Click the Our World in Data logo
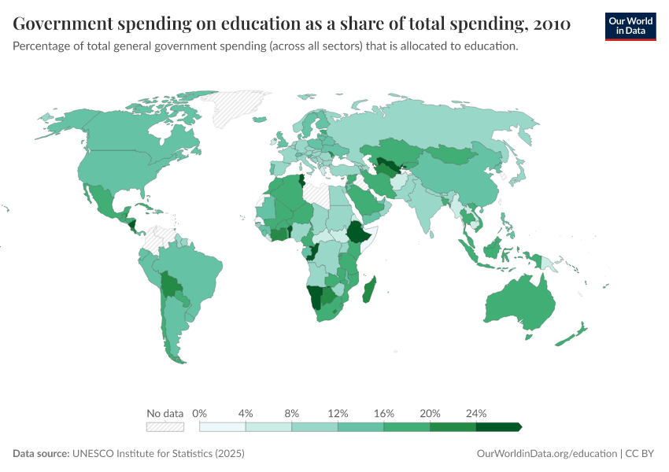tap(630, 26)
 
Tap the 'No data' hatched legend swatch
tap(164, 426)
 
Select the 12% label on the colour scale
tap(338, 413)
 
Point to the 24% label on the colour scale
tap(476, 413)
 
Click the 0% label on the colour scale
tap(200, 413)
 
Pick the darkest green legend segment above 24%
tap(497, 426)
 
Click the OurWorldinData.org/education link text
tap(547, 454)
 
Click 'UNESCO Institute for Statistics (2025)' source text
tap(158, 454)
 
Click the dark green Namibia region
tap(316, 297)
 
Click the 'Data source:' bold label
tap(41, 454)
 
